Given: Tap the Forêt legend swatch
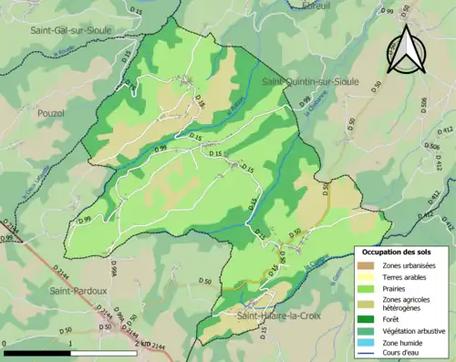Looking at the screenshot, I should (365, 321).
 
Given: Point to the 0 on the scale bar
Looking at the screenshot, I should (5, 343).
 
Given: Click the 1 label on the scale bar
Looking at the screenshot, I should (70, 343).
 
